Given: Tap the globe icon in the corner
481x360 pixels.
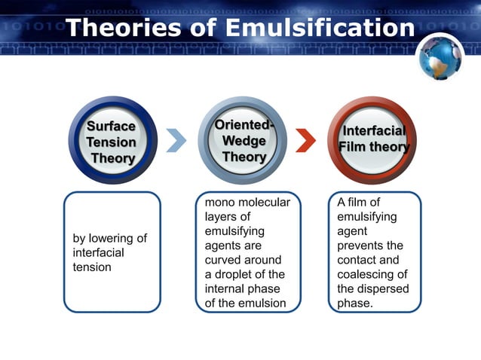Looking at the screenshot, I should coord(442,57).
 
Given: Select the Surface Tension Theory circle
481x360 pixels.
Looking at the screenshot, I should coord(112,142).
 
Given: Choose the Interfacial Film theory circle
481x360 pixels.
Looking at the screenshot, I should coord(374,141).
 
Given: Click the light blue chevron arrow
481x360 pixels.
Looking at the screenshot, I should coord(176,140).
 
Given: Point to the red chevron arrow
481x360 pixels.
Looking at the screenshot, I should coord(306,140).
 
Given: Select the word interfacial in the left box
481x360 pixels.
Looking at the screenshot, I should coord(99,253).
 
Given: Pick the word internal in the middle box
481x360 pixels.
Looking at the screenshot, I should coord(225,288).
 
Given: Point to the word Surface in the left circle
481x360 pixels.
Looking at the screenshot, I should coord(112,126).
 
